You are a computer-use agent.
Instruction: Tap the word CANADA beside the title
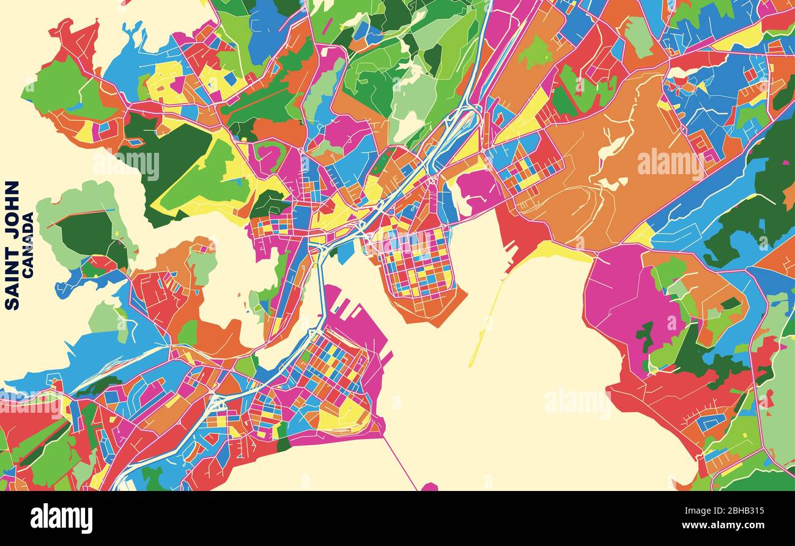[x=28, y=245]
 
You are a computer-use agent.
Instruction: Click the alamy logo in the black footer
[x=61, y=518]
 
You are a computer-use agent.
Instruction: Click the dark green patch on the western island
[x=86, y=232]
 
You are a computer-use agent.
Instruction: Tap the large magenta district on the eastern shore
[x=618, y=300]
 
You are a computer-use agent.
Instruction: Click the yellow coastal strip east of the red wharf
[x=560, y=251]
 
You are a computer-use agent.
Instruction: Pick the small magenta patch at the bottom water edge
[x=429, y=487]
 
